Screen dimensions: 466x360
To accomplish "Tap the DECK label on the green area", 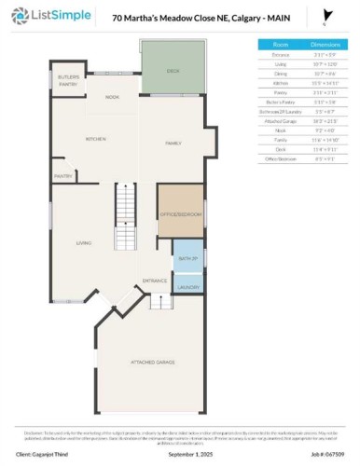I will (x=173, y=70).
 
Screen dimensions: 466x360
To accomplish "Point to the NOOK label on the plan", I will (x=112, y=97).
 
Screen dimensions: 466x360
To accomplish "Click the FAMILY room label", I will (x=173, y=143).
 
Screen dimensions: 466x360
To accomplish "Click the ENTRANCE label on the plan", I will (x=154, y=280).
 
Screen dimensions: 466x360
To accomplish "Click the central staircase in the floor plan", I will (x=126, y=217).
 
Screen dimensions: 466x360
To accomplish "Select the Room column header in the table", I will (x=281, y=44).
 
